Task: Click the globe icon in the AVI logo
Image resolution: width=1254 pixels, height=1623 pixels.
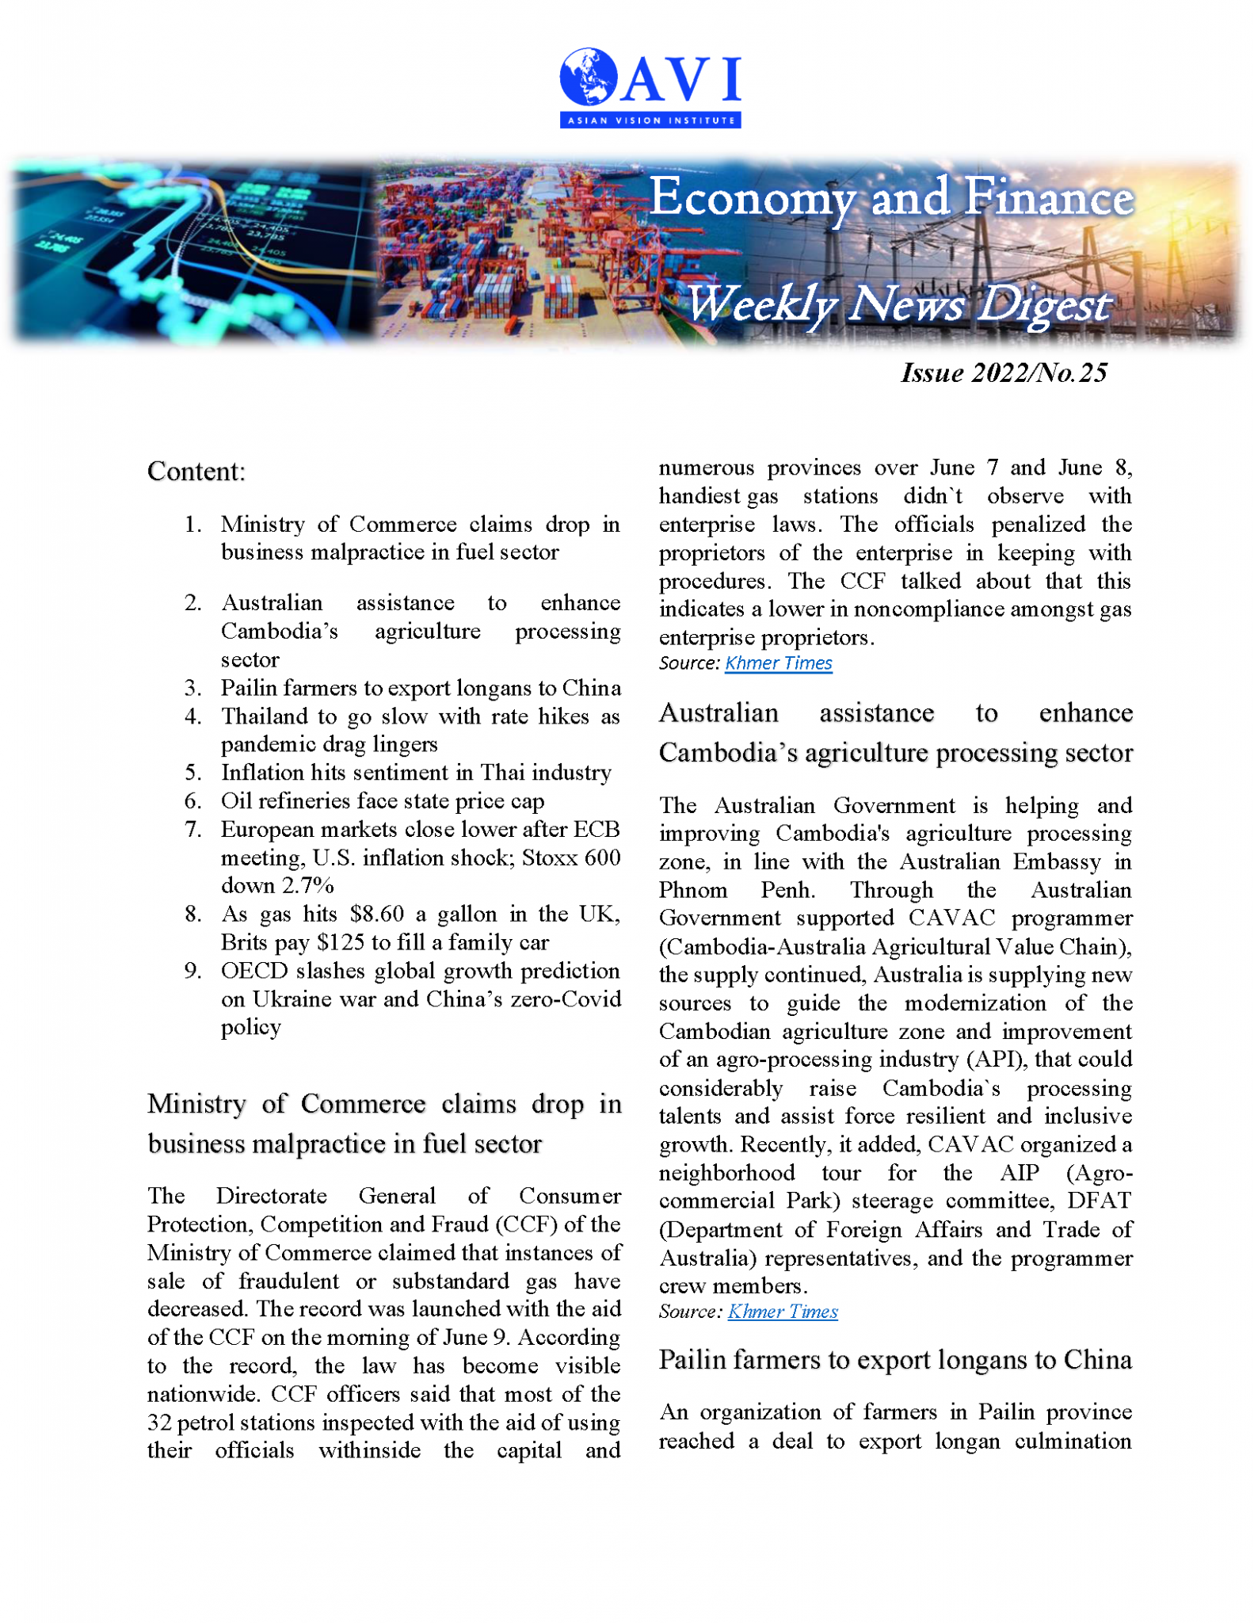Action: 588,77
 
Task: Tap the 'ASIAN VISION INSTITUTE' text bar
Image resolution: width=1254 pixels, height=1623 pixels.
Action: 650,120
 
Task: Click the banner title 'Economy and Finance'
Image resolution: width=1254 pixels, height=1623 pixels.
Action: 890,197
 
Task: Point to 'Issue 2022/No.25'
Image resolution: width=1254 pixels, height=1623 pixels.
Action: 1003,372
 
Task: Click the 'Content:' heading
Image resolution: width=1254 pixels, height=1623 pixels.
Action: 196,472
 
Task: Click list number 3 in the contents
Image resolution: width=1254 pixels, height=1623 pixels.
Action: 192,688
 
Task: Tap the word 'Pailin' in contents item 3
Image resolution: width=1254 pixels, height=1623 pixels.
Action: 249,688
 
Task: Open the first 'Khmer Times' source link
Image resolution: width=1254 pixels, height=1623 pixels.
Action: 778,663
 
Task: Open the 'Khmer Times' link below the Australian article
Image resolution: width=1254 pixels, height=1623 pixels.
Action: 783,1312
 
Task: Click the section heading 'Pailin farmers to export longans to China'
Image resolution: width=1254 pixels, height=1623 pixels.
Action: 895,1360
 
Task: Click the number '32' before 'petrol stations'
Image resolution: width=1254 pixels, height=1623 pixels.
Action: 159,1423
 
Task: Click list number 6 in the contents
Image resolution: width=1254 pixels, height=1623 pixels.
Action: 192,801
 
